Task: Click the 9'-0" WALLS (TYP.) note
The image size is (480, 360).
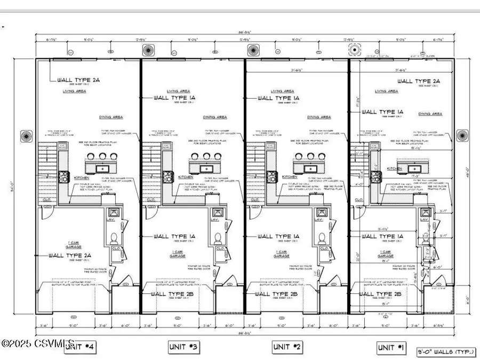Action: tap(437, 352)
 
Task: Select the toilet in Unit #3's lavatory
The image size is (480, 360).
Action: tap(218, 237)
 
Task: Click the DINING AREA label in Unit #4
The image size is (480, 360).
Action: tap(111, 117)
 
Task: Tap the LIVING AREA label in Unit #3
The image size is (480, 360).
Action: tap(178, 91)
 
